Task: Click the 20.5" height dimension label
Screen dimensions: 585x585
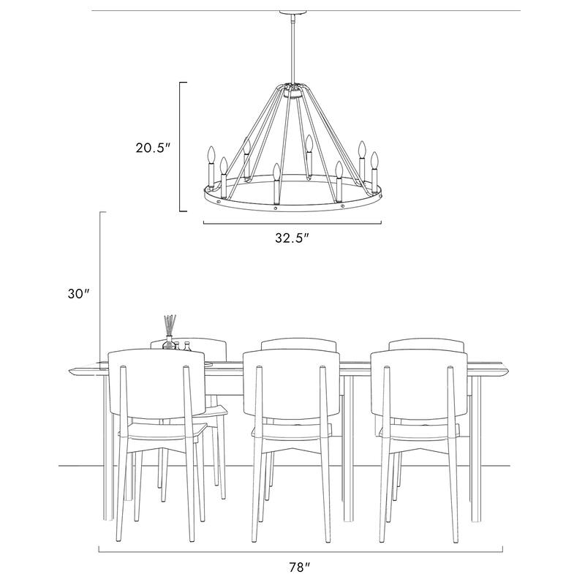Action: point(152,147)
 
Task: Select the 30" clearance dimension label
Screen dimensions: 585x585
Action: point(78,293)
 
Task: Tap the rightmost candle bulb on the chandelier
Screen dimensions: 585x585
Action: point(374,159)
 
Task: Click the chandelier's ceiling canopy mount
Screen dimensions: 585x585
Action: point(292,14)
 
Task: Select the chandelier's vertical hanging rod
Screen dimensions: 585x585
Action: point(292,51)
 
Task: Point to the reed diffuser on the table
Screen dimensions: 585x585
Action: point(169,328)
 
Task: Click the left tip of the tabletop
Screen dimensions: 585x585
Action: point(72,371)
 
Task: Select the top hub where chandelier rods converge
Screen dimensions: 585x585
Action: point(292,91)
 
